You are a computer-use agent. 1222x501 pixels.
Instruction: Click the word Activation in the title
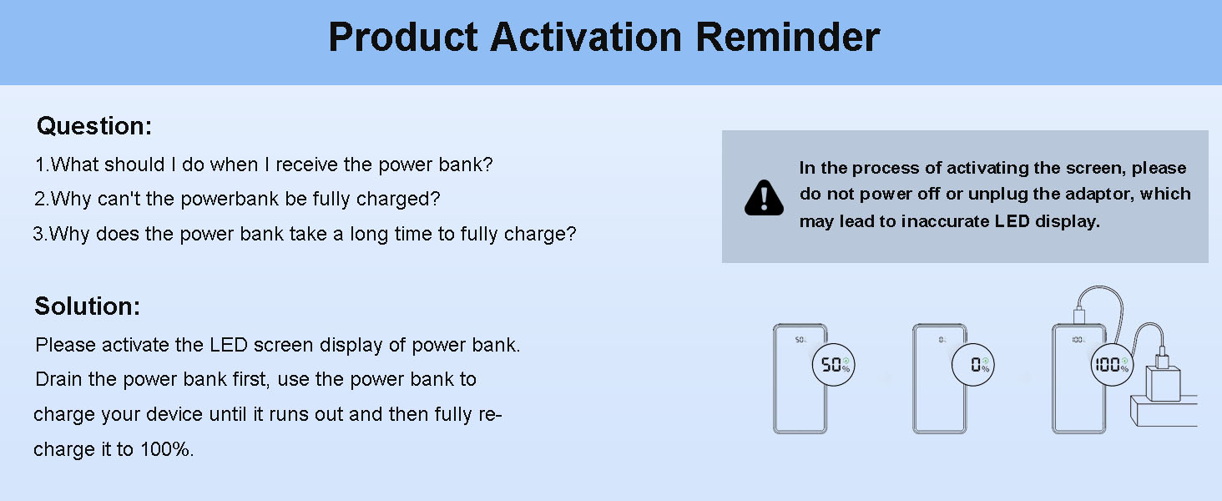[x=586, y=37]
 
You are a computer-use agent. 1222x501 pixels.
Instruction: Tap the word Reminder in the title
[x=788, y=37]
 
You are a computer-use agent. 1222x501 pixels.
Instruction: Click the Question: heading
[x=94, y=126]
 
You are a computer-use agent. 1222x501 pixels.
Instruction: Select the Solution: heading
[x=88, y=306]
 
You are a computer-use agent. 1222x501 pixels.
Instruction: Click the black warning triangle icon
[x=764, y=198]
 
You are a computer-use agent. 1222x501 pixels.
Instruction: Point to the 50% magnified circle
[x=834, y=365]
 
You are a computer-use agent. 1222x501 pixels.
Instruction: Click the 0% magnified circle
[x=973, y=365]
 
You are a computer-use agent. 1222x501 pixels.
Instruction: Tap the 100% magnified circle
[x=1112, y=365]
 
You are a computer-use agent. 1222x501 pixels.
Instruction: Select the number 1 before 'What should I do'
[x=40, y=164]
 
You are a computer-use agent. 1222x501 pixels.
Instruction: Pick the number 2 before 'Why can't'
[x=40, y=199]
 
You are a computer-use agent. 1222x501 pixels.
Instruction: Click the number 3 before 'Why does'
[x=38, y=234]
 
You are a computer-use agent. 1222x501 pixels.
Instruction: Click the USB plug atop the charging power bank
[x=1078, y=316]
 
